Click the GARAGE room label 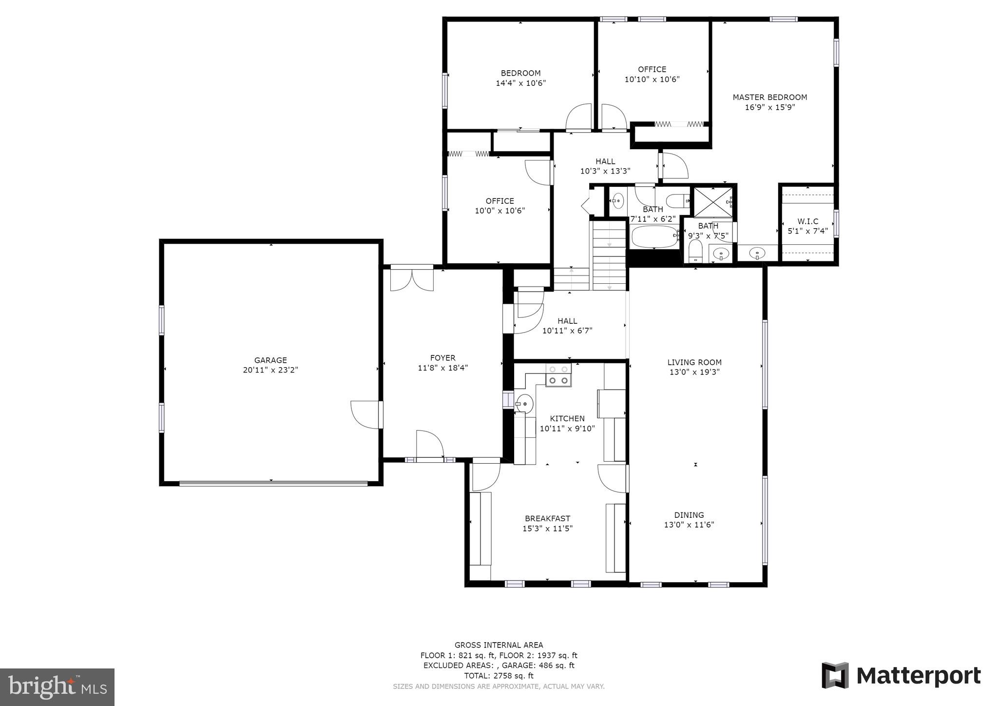pos(270,360)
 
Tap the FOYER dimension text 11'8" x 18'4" pos(442,368)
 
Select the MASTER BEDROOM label pos(770,97)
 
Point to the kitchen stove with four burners pos(558,375)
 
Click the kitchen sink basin pos(524,404)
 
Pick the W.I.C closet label pos(808,221)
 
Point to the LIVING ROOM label pos(694,362)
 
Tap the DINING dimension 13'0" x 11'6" pos(689,525)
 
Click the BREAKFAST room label pos(547,519)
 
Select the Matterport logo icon pos(835,675)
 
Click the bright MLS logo pos(58,687)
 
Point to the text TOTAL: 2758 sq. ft pos(499,676)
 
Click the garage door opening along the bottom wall pos(273,484)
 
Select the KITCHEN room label pos(567,418)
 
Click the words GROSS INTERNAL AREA pos(499,645)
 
